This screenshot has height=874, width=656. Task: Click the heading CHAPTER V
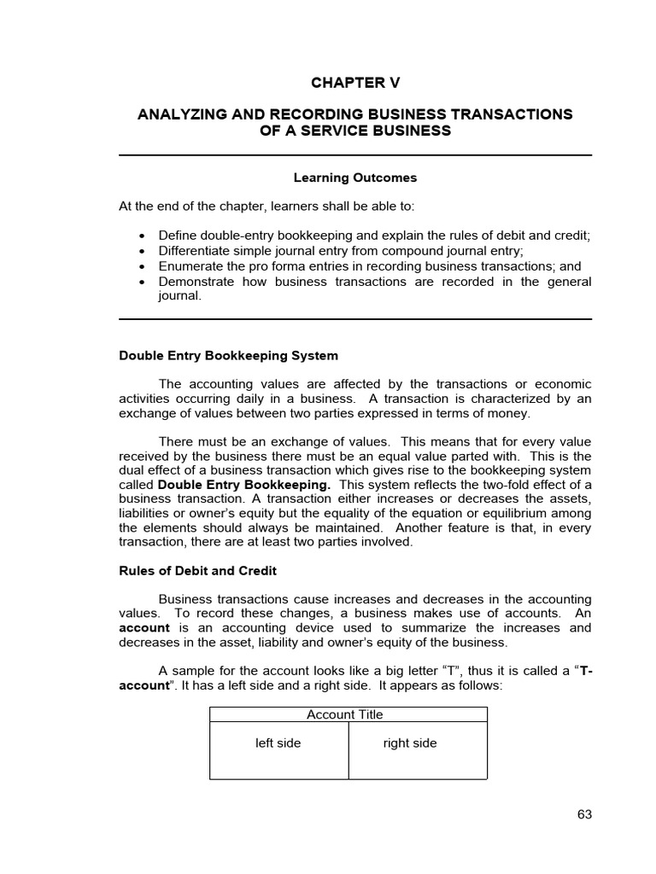(354, 83)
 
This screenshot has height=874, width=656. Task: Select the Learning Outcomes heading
(354, 178)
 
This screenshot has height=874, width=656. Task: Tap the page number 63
(584, 814)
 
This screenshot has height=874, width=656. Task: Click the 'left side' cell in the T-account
(278, 743)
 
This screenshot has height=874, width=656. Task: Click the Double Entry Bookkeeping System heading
(228, 355)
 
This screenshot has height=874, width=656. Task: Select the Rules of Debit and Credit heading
(197, 570)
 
